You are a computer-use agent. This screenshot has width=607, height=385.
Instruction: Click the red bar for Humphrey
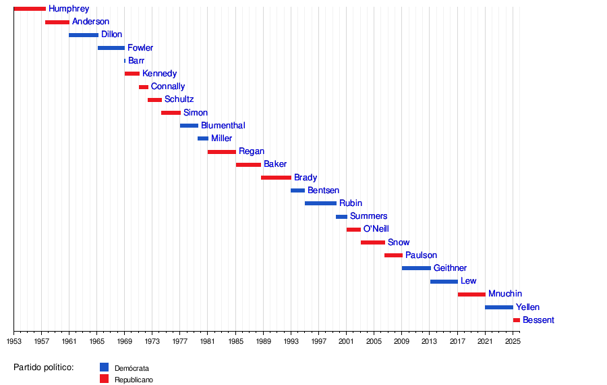coord(30,9)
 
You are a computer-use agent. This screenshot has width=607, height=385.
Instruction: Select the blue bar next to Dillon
coord(84,35)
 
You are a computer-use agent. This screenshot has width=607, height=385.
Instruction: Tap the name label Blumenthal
coord(223,126)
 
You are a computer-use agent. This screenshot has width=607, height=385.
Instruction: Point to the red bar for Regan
coord(222,152)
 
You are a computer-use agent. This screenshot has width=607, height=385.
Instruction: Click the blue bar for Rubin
coord(320,203)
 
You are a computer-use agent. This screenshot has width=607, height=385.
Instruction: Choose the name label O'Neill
coord(376,230)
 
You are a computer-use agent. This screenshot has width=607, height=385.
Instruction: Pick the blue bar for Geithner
coord(416,268)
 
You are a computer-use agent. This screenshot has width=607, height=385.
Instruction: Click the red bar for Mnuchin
coord(471,294)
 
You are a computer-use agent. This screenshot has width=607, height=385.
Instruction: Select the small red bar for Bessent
coord(517,320)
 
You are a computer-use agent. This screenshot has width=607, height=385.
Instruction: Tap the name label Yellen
coord(527,307)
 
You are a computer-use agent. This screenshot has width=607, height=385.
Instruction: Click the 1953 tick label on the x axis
coord(13,342)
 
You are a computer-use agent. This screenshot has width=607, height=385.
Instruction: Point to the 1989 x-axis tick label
coord(263,342)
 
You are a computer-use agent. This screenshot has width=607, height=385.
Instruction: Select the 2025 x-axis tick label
coord(513,342)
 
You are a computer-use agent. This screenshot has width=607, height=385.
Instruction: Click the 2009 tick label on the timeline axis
coord(402,342)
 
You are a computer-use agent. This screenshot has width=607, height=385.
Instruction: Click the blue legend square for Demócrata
coord(104,367)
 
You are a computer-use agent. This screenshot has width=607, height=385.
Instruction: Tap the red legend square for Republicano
coord(104,379)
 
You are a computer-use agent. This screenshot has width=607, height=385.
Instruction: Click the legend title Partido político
coord(43,367)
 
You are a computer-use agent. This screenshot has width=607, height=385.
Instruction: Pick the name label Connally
coord(167,87)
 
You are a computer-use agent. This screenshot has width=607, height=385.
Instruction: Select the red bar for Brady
coord(276,178)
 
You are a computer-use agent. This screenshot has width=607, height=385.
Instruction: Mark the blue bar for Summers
coord(341,217)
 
